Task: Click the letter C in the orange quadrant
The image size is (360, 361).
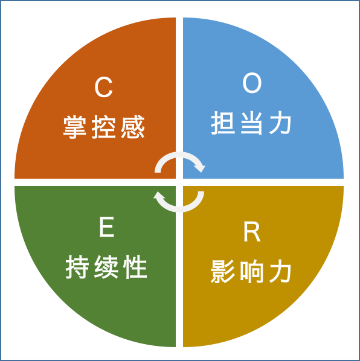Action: pos(103,88)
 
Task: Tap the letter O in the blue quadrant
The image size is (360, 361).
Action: pos(252,83)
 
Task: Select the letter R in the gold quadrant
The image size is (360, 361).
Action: pos(252,232)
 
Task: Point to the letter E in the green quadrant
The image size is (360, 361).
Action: pos(107,227)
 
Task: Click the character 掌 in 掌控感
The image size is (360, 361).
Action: pos(75,127)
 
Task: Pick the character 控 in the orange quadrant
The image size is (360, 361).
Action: pos(104,127)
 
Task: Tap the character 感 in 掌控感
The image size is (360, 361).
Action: pos(133,127)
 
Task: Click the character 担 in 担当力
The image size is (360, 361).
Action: pos(223,123)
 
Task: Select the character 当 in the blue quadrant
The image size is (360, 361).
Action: pos(251,123)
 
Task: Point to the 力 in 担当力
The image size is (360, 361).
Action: pos(280,123)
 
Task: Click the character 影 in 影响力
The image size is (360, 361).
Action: pos(222,272)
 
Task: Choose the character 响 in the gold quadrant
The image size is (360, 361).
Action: pos(251,272)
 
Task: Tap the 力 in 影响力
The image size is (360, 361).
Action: pos(280,271)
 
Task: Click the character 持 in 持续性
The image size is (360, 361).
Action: pos(77,267)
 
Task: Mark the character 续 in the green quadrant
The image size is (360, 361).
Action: pos(106,267)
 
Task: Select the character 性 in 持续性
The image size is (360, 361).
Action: pos(135,267)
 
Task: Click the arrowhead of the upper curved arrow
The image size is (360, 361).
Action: pos(200,167)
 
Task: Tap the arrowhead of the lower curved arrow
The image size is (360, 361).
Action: pos(159,196)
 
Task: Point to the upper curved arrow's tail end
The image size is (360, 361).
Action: pos(158,171)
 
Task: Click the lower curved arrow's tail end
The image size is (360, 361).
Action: pos(201,193)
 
